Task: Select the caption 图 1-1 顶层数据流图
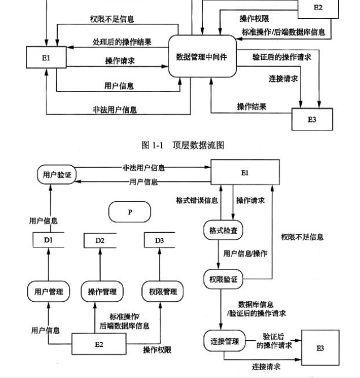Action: pos(183,145)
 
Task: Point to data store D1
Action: pos(48,241)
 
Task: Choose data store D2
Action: pos(100,241)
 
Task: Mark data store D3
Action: pos(159,241)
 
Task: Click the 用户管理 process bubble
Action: pos(48,292)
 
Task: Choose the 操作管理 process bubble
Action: pos(102,292)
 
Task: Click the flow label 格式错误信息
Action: pos(194,201)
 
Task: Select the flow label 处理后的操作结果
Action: pos(122,42)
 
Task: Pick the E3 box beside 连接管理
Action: pos(320,347)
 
